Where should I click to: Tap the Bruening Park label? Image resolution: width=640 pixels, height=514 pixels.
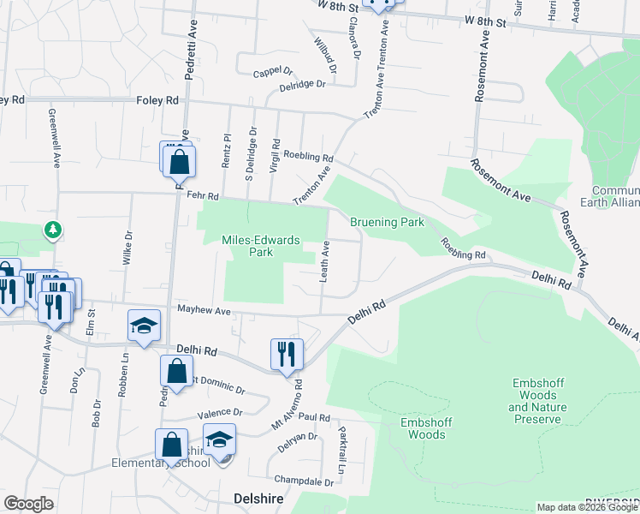pyautogui.click(x=387, y=222)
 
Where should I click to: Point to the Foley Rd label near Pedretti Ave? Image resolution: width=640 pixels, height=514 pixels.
pyautogui.click(x=157, y=100)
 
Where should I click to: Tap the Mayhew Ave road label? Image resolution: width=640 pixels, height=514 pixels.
pyautogui.click(x=204, y=310)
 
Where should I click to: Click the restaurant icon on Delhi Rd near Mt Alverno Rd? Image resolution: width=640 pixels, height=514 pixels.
pyautogui.click(x=287, y=353)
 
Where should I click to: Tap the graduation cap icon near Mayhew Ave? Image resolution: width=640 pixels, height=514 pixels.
pyautogui.click(x=144, y=325)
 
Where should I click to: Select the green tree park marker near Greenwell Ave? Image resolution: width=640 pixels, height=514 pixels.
pyautogui.click(x=53, y=230)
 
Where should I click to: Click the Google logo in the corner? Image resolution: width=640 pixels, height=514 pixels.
pyautogui.click(x=28, y=503)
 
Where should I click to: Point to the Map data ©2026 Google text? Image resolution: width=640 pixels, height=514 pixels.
pyautogui.click(x=587, y=507)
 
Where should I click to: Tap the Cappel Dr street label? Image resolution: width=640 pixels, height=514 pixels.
pyautogui.click(x=273, y=73)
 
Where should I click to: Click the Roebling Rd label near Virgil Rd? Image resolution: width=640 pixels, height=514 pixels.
pyautogui.click(x=308, y=157)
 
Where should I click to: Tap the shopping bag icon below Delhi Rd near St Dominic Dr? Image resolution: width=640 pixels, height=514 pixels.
pyautogui.click(x=176, y=372)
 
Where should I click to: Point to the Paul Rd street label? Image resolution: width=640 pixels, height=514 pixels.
pyautogui.click(x=314, y=417)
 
